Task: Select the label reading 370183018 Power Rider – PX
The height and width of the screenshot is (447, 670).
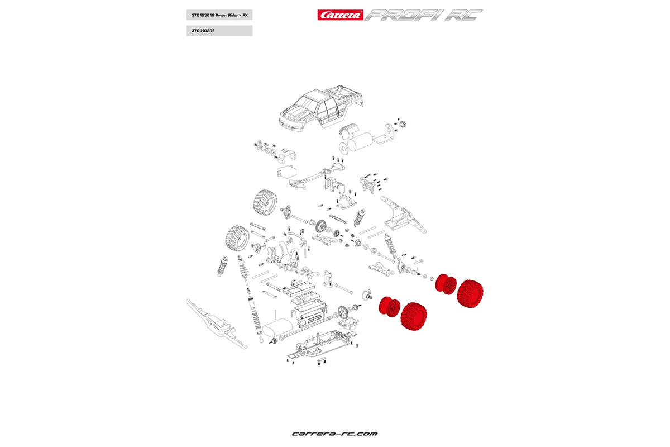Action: click(x=218, y=15)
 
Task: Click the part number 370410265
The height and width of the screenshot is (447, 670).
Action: click(x=218, y=31)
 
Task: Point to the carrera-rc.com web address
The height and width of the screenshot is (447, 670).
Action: click(x=334, y=434)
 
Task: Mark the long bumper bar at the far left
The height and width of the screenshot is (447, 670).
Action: click(x=214, y=324)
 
